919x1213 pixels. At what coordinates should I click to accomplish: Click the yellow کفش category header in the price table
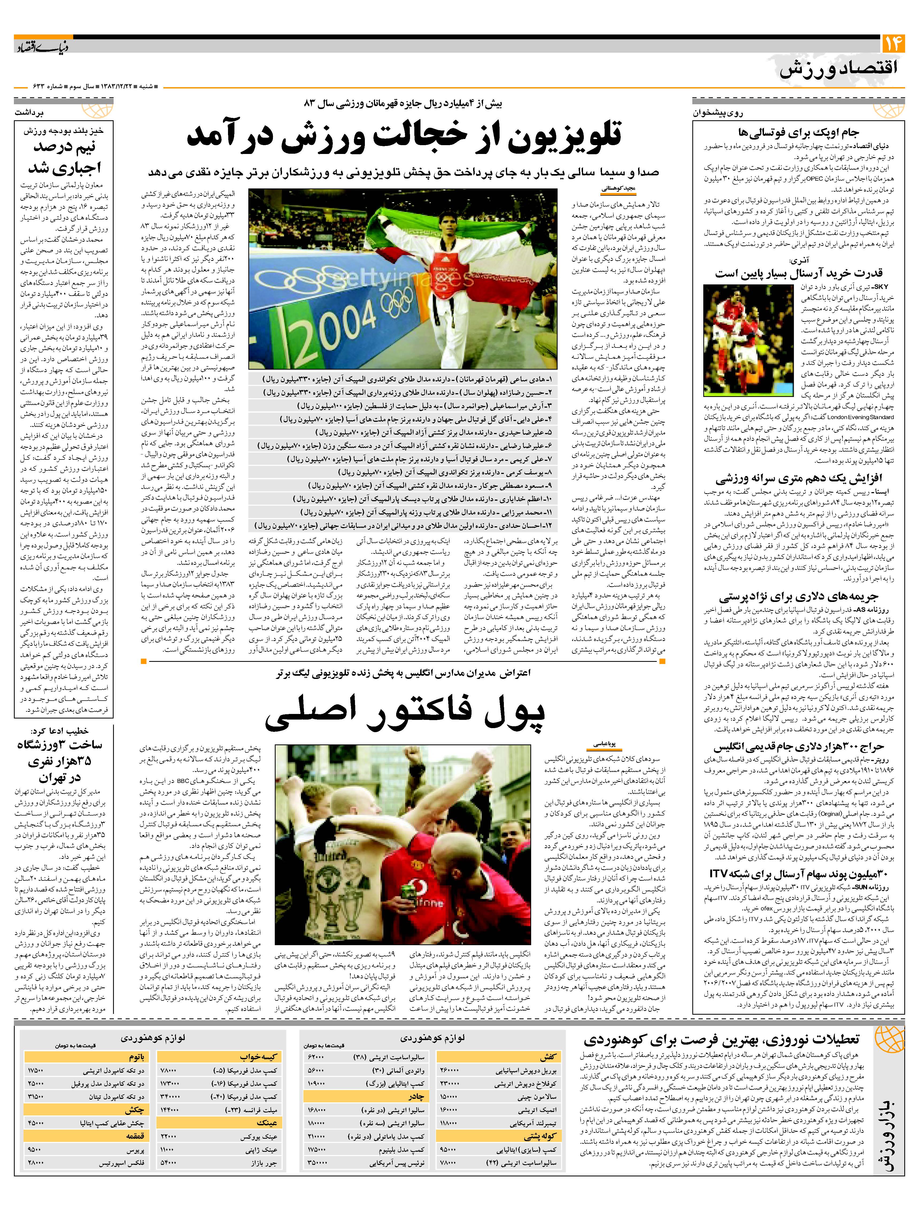(548, 1057)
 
